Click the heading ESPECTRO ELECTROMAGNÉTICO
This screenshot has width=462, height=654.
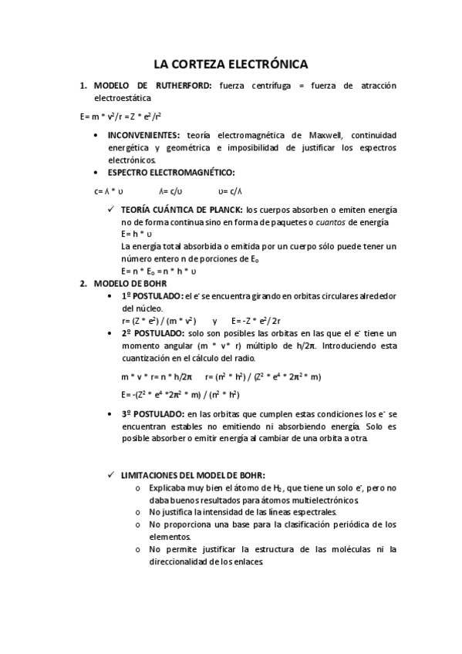(171, 172)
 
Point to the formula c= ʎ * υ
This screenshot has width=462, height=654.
(110, 191)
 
